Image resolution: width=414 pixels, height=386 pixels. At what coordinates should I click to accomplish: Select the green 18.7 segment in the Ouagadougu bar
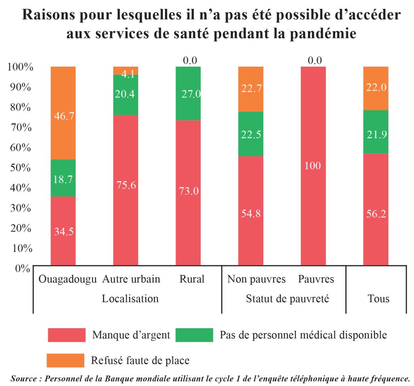tap(63, 178)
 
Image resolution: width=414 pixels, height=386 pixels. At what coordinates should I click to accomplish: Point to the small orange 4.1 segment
tap(126, 71)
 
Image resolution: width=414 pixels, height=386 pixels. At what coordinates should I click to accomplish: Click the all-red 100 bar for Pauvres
tap(313, 165)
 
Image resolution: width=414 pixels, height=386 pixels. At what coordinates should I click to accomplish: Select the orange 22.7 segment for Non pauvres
tap(251, 89)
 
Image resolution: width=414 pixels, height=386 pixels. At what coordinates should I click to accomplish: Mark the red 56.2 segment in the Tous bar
tap(376, 209)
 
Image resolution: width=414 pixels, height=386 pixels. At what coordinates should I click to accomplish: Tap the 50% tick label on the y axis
tap(19, 168)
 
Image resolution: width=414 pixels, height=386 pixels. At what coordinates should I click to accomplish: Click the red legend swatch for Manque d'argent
tap(66, 335)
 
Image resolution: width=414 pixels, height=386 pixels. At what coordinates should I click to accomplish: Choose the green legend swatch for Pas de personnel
tap(194, 335)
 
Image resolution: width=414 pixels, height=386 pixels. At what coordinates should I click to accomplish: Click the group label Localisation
tap(130, 299)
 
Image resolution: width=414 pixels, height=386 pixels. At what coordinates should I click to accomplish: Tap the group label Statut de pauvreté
tap(287, 299)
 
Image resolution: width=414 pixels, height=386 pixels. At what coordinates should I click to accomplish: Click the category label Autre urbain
tap(131, 279)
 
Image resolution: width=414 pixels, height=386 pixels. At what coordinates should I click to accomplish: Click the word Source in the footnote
tap(24, 379)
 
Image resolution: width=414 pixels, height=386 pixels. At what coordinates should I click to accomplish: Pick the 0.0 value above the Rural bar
tap(190, 61)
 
